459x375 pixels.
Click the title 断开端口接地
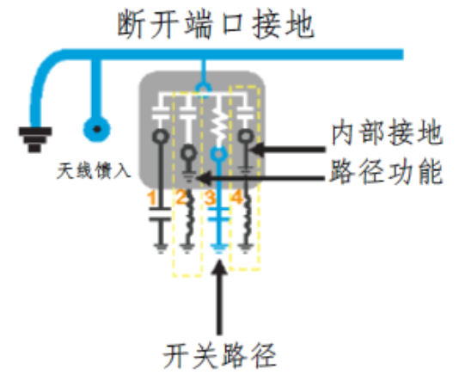tap(216, 24)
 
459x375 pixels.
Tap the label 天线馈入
tap(94, 171)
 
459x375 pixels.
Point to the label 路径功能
tap(386, 172)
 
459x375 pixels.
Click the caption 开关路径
tap(219, 355)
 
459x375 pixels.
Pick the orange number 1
tap(152, 198)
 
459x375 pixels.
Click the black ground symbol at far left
tap(35, 139)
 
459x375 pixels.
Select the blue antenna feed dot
tap(97, 129)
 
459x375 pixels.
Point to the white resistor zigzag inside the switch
tap(218, 123)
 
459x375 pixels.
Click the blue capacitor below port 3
tap(218, 214)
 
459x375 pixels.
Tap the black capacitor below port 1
tap(160, 214)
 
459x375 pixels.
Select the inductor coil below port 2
tap(190, 217)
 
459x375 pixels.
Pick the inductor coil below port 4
tap(248, 218)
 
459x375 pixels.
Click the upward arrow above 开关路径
tap(219, 297)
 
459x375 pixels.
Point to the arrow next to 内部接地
tap(287, 150)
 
